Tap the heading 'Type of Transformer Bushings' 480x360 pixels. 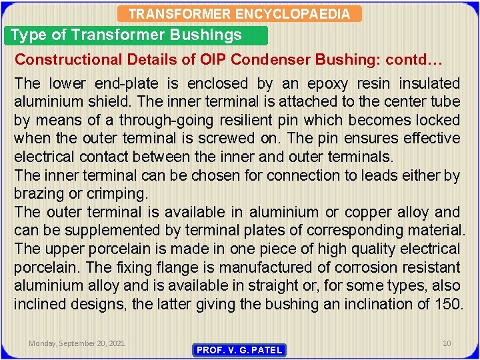tap(127, 35)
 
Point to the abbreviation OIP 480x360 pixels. tap(214, 59)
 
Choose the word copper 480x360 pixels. tap(361, 213)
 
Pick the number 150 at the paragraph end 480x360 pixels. tap(449, 304)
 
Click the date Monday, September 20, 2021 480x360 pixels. tap(76, 343)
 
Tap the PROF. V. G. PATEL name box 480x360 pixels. tap(239, 350)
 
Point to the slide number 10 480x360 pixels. tap(447, 343)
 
